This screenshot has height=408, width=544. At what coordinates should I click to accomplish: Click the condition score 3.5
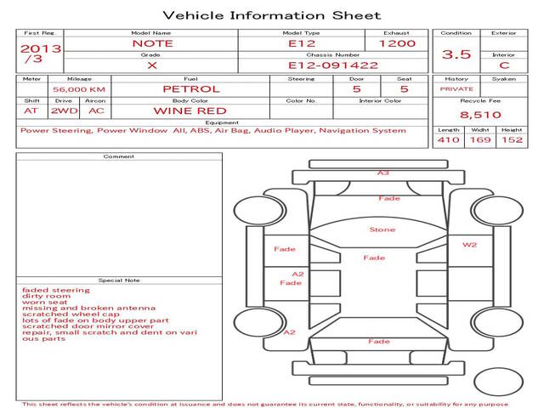point(456,54)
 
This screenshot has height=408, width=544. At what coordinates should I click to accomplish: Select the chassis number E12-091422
point(333,65)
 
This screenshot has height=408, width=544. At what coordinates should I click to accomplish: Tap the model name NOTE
point(153,43)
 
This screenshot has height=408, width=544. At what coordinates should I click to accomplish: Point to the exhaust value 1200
point(397,43)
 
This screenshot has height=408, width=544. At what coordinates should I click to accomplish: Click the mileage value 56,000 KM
point(79,89)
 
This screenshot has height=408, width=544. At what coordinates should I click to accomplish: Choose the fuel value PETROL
point(191,89)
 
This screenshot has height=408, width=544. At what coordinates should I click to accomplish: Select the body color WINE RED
point(190,111)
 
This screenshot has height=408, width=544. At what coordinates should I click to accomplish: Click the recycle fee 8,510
point(480,115)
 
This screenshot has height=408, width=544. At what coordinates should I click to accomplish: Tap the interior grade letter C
point(504,65)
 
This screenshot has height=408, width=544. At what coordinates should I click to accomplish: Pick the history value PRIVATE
point(456,89)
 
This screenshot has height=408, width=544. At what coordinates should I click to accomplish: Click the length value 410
point(448,139)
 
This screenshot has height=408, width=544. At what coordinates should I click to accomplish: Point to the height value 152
point(512,139)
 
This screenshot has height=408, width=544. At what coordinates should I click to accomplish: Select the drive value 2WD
point(65,111)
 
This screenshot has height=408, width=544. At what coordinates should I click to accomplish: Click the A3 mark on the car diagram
point(383,173)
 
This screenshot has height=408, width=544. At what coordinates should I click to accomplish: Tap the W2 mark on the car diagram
point(469,245)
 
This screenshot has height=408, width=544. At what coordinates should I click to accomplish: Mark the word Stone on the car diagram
point(382,229)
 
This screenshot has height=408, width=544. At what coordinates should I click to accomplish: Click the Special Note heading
point(119,280)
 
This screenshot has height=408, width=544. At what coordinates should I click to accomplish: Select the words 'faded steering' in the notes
point(56,290)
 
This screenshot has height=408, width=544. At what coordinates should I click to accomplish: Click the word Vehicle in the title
point(193,15)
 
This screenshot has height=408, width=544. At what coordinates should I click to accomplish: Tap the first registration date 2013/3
point(40,54)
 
